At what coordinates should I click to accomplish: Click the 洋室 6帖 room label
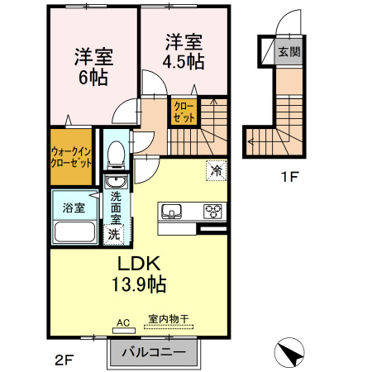[93, 67]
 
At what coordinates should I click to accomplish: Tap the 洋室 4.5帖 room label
[184, 51]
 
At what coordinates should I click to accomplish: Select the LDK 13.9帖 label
[139, 274]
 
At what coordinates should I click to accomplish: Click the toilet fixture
[116, 155]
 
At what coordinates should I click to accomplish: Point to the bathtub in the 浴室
[75, 231]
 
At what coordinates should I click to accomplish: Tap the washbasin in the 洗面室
[116, 182]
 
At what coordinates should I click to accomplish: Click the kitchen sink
[171, 212]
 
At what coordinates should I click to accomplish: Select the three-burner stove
[212, 212]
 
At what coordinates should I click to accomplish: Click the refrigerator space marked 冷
[217, 170]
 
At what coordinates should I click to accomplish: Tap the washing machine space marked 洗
[113, 234]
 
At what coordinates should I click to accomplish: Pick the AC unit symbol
[124, 330]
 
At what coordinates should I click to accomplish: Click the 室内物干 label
[169, 319]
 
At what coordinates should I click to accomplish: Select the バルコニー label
[154, 352]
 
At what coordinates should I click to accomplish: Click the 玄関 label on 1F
[289, 51]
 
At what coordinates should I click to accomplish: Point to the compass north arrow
[289, 352]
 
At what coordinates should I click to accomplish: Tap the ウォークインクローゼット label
[71, 157]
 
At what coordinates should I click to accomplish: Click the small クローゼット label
[184, 112]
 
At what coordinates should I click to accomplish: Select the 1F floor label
[290, 177]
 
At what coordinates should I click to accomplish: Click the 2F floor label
[64, 360]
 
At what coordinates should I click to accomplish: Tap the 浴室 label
[74, 207]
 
